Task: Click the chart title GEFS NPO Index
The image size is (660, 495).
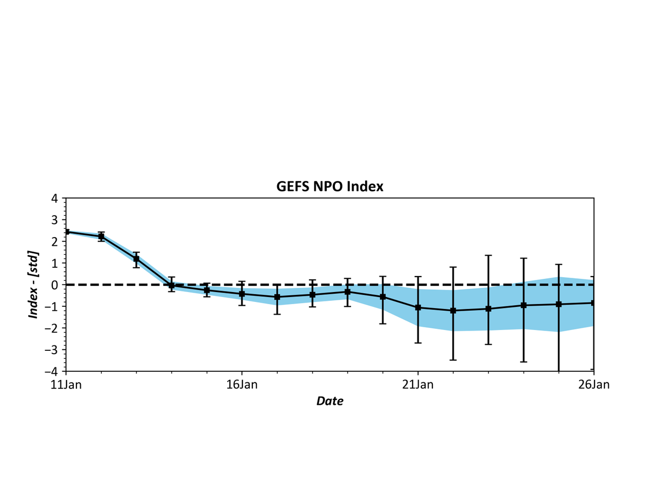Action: [x=329, y=186]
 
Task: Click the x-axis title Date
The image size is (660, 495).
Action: [x=329, y=401]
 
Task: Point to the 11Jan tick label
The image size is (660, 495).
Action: [x=65, y=384]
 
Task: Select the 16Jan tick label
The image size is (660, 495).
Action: [x=241, y=384]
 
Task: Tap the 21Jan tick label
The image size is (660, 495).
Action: [x=417, y=384]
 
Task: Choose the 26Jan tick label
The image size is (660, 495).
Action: [x=594, y=384]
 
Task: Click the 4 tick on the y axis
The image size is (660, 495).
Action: [x=55, y=198]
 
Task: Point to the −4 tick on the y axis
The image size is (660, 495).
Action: [x=53, y=371]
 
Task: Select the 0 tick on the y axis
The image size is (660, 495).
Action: [x=55, y=285]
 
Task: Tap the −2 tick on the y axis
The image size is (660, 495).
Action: [x=53, y=328]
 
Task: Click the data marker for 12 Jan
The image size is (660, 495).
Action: [x=101, y=237]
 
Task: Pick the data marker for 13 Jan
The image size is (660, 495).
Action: [x=136, y=258]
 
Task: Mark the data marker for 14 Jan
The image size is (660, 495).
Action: [x=172, y=285]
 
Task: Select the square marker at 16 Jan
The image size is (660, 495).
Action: [x=242, y=294]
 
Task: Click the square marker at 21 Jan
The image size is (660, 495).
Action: [x=418, y=307]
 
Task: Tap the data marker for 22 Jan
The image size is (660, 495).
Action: [x=453, y=310]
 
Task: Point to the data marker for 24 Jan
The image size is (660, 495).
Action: [x=524, y=305]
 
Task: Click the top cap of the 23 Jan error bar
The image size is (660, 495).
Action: [x=488, y=255]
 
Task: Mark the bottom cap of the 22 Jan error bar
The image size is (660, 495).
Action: [x=453, y=360]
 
